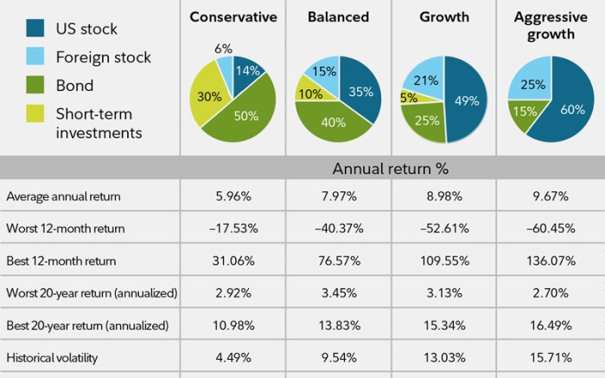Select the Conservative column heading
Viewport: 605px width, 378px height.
tap(233, 16)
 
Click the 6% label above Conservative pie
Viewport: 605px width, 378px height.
tap(223, 48)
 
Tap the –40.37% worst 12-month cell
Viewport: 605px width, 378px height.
tap(338, 228)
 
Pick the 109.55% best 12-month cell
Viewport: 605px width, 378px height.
tap(444, 260)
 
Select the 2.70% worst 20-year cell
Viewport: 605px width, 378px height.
tap(551, 293)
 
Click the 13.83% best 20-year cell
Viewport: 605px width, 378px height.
tap(338, 325)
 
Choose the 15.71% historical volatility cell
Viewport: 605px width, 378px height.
tap(551, 357)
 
